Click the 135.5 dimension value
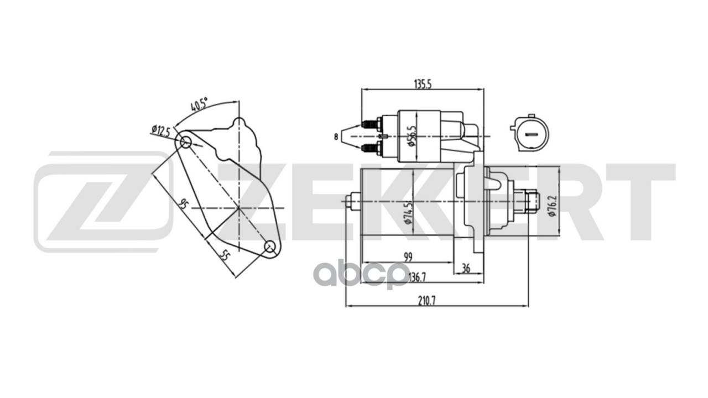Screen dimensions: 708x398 coord(423,84)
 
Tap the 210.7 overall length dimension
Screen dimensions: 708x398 coord(426,301)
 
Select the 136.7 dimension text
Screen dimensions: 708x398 coord(417,277)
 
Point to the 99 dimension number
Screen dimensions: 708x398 coord(408,257)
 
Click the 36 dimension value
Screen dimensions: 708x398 coord(466,268)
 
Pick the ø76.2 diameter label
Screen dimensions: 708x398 coord(552,206)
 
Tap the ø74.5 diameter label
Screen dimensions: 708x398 coord(408,213)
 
